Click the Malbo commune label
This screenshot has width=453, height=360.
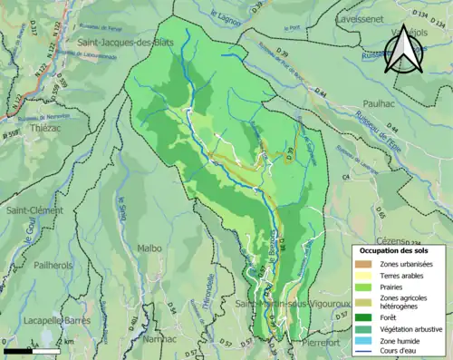coord(149,248)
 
